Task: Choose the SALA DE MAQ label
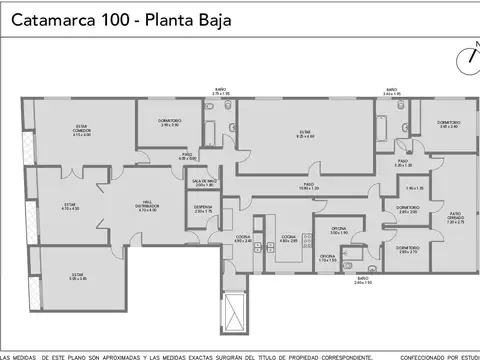point(204,183)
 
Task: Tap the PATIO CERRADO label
point(455,219)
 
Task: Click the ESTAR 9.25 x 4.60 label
point(306,134)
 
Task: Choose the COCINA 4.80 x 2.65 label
point(288,239)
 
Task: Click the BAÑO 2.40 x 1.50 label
point(362,281)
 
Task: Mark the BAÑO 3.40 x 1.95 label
point(392,92)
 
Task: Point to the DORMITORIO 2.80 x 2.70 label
point(407,249)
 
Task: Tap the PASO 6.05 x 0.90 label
point(187,157)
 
